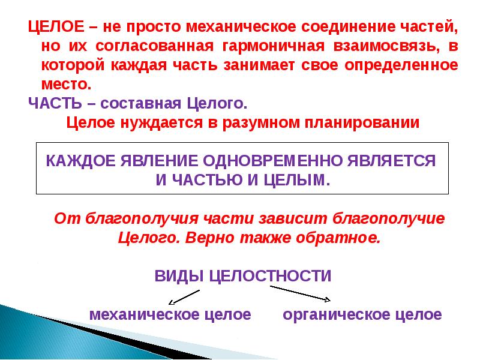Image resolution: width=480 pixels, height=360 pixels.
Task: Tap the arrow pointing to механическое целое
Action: (183, 296)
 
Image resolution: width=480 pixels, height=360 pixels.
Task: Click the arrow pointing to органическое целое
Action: (300, 293)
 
